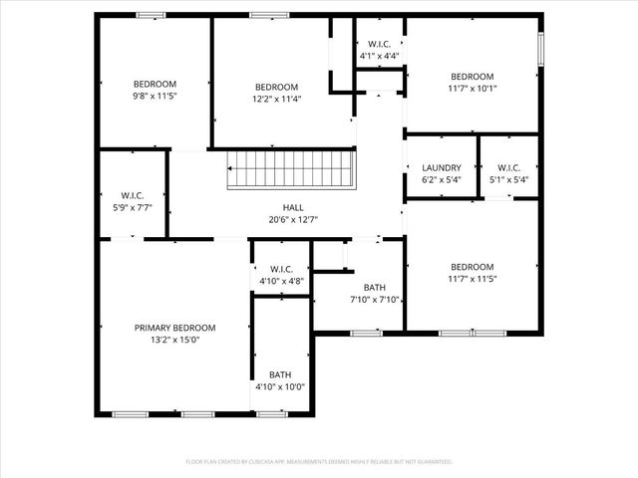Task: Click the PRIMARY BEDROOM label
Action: [174, 328]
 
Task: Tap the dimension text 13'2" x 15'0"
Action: [174, 339]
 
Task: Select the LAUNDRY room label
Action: [441, 168]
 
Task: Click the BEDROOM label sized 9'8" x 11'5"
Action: [155, 84]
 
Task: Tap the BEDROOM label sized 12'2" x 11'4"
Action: [276, 87]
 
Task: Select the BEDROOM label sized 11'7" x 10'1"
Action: [472, 77]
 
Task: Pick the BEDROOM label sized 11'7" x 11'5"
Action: [472, 267]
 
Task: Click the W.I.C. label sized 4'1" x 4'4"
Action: [379, 44]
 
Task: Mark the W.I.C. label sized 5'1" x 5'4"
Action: [508, 168]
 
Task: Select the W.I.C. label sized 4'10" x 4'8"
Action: [280, 269]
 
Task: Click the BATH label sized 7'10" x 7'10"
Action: [375, 288]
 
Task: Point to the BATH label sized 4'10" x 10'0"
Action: [280, 375]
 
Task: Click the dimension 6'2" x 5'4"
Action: [441, 180]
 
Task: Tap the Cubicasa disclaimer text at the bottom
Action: [319, 462]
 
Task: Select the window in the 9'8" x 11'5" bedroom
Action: [151, 15]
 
